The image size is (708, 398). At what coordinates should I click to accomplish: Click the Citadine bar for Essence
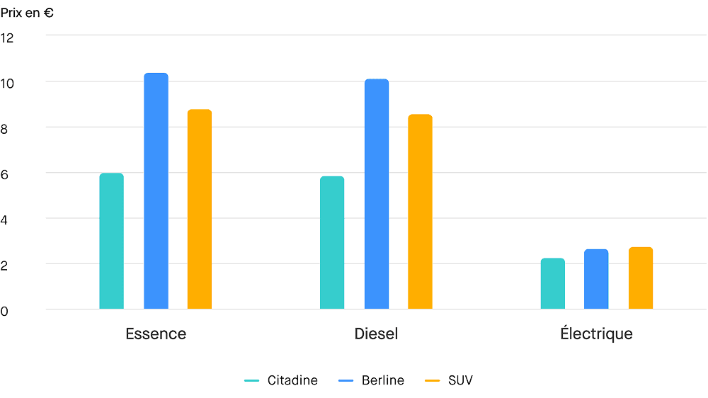pyautogui.click(x=111, y=241)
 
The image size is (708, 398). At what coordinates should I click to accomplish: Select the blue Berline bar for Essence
pyautogui.click(x=156, y=191)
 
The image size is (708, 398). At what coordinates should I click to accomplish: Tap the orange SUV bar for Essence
pyautogui.click(x=200, y=209)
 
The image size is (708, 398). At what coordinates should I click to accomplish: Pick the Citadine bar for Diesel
pyautogui.click(x=332, y=242)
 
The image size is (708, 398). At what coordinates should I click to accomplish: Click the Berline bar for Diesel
pyautogui.click(x=377, y=194)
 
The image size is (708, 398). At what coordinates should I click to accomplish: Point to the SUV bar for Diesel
pyautogui.click(x=420, y=212)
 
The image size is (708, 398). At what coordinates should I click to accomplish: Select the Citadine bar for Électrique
pyautogui.click(x=553, y=283)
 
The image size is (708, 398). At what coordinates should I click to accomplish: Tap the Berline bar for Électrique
pyautogui.click(x=596, y=279)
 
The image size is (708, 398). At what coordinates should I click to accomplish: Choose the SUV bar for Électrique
pyautogui.click(x=641, y=278)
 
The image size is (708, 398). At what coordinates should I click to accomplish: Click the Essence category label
pyautogui.click(x=156, y=334)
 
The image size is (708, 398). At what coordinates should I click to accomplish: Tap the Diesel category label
pyautogui.click(x=376, y=334)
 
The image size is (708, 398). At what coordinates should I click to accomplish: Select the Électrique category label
pyautogui.click(x=596, y=334)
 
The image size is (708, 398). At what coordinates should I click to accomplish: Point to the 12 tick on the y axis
pyautogui.click(x=7, y=37)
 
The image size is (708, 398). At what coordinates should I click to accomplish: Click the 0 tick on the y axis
pyautogui.click(x=5, y=310)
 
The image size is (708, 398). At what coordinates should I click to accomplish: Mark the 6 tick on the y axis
pyautogui.click(x=5, y=174)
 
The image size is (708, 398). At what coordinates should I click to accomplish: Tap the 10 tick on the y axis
pyautogui.click(x=7, y=83)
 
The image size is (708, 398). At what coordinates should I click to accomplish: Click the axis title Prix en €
pyautogui.click(x=28, y=12)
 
